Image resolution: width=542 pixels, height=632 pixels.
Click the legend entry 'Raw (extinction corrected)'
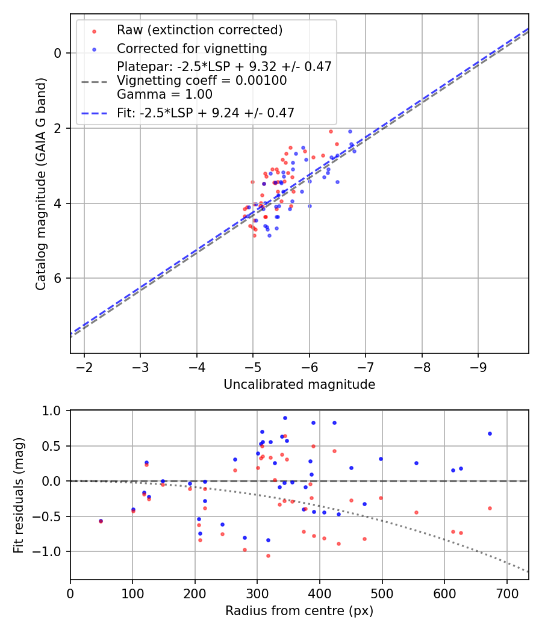point(199,30)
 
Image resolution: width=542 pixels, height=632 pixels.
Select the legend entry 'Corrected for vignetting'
point(192,48)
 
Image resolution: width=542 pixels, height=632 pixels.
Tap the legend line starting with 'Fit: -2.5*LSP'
point(205,113)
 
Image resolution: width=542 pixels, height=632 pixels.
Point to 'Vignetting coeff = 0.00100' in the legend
point(202,81)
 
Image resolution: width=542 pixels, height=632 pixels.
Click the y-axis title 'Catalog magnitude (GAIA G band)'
point(40,183)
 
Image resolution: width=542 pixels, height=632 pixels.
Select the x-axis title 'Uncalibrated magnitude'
point(299,384)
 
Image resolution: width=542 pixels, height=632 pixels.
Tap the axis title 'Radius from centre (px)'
point(299,611)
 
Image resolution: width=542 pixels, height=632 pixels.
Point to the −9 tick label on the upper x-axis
point(479,366)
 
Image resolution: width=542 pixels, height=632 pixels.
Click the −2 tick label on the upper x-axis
point(84,366)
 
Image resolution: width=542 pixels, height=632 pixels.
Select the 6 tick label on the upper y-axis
point(58,278)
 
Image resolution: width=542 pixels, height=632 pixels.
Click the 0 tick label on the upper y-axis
point(58,53)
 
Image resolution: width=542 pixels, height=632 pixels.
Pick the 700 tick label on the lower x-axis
point(506,592)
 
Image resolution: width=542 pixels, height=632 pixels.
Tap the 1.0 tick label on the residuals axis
point(54,410)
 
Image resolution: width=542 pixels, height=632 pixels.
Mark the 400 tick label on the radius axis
point(320,592)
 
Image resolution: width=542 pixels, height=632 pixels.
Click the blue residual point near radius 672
point(490,433)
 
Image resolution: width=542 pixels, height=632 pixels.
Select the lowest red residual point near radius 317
point(268,556)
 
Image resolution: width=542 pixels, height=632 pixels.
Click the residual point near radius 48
point(101,521)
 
